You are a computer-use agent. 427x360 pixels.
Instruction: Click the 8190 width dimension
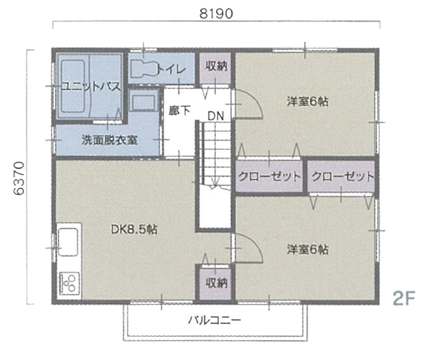[216, 13]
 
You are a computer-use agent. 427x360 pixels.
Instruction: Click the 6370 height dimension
[19, 179]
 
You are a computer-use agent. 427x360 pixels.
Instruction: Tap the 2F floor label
[404, 298]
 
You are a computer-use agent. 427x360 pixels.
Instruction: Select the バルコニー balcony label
[215, 320]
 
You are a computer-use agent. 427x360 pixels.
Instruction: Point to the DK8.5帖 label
[134, 229]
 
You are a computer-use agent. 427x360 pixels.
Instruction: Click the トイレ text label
[171, 69]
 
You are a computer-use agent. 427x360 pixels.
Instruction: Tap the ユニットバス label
[91, 87]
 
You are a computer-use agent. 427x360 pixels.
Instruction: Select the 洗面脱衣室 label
[109, 140]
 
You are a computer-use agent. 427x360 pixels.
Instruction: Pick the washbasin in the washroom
[143, 101]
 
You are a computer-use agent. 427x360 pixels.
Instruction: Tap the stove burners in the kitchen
[69, 283]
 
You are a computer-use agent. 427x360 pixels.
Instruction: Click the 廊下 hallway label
[179, 111]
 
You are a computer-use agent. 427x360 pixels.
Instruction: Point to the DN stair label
[216, 116]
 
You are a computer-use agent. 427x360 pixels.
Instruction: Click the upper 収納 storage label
[216, 66]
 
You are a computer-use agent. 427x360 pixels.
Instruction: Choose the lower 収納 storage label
[216, 283]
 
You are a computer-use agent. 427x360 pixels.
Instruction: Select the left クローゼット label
[270, 177]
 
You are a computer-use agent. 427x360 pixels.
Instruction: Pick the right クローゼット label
[342, 177]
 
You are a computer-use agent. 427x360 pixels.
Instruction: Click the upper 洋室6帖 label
[308, 102]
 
